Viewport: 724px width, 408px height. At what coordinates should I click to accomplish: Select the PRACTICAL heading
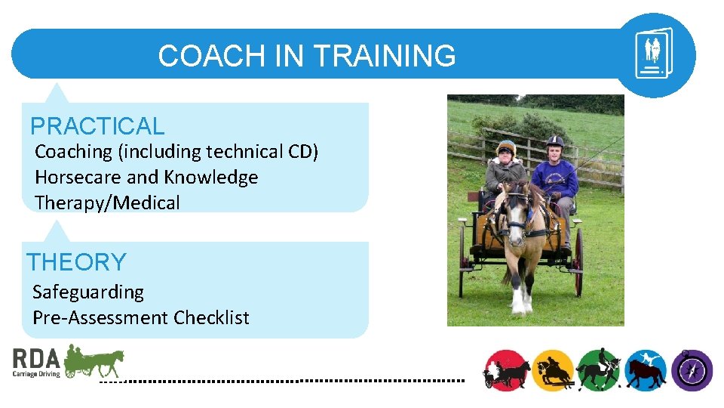click(97, 126)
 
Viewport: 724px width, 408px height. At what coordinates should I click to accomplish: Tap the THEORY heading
click(76, 262)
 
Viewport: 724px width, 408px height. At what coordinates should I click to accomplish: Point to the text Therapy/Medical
click(108, 203)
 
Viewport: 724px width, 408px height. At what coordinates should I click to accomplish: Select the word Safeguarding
click(88, 292)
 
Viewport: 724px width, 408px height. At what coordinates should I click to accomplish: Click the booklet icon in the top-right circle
click(653, 54)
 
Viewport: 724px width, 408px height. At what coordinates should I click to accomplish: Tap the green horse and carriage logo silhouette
click(94, 361)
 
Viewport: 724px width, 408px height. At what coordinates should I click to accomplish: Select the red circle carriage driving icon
click(506, 370)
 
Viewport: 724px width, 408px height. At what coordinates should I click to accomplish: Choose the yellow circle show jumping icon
click(554, 370)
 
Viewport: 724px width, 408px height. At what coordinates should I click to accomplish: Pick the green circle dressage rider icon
click(599, 370)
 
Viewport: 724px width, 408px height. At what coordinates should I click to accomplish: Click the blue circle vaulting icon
click(645, 370)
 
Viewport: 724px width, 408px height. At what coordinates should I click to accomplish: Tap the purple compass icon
click(692, 370)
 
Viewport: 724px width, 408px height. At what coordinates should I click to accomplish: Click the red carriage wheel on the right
click(578, 261)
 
